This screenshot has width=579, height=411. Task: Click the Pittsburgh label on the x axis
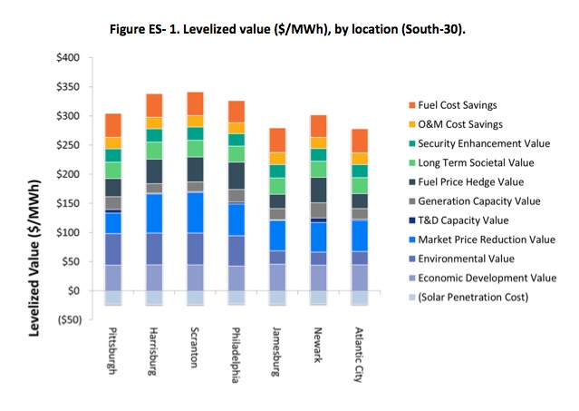tap(113, 355)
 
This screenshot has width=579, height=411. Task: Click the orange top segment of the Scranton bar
tap(195, 103)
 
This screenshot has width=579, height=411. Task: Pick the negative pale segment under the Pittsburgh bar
tap(113, 298)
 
